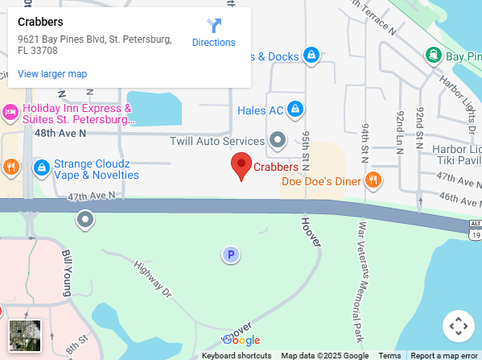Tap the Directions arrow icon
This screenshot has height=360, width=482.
[214, 26]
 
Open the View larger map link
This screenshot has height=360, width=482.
[52, 74]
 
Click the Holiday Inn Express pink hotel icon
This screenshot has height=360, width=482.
[10, 111]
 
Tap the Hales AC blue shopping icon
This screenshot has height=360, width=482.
[295, 109]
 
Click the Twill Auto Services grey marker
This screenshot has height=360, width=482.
[278, 140]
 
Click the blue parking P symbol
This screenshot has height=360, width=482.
[231, 255]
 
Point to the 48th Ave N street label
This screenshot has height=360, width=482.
[60, 133]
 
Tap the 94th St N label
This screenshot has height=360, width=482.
[365, 140]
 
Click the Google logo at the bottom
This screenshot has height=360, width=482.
[241, 340]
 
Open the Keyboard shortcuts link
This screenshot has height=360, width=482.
[237, 355]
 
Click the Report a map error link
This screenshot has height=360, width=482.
[443, 355]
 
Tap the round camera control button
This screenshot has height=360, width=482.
[458, 326]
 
